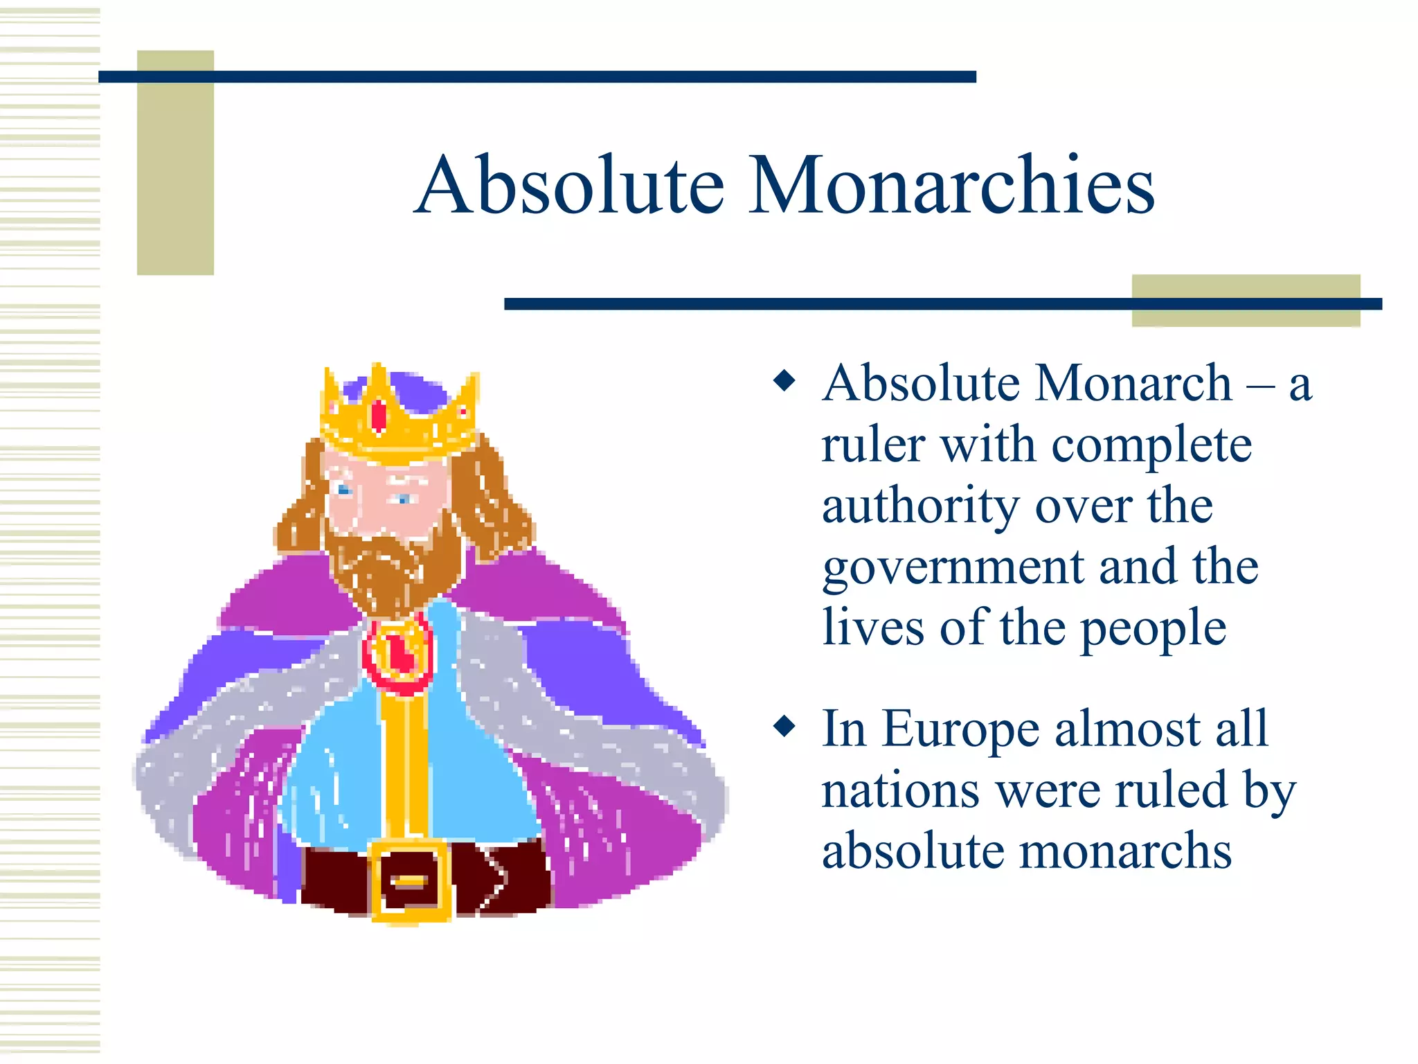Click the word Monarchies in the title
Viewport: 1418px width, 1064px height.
coord(952,186)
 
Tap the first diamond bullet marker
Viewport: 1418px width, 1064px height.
coord(784,380)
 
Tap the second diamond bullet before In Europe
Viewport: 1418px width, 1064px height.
coord(784,726)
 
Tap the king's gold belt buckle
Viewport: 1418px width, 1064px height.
coord(411,880)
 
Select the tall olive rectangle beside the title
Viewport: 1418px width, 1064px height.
coord(175,163)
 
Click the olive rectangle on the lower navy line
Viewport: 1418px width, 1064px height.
coord(1246,301)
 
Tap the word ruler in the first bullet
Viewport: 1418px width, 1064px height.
coord(873,445)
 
